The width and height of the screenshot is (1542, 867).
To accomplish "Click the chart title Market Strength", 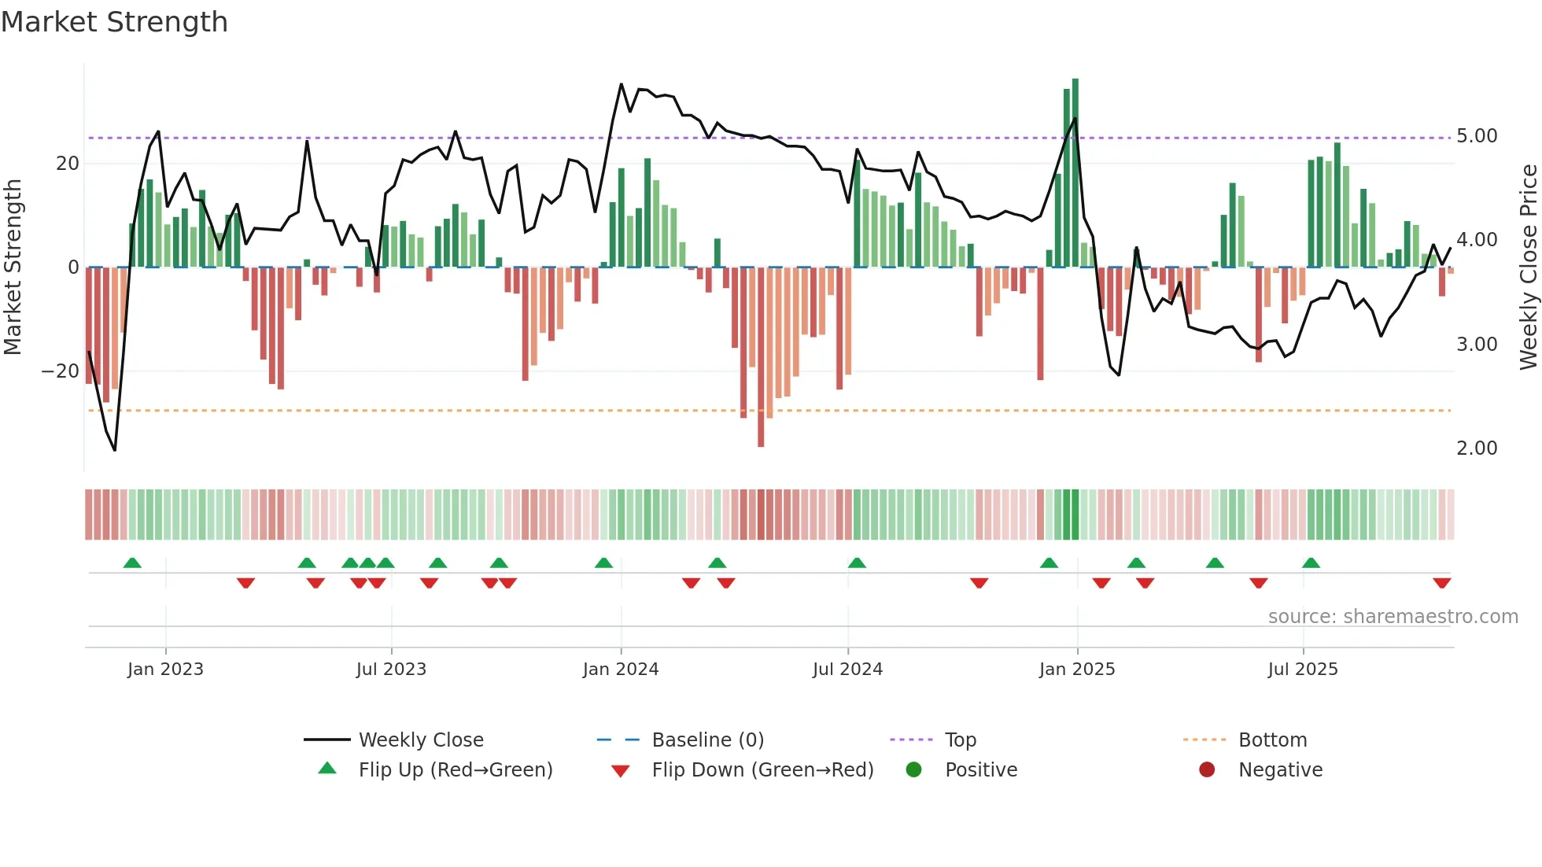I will (114, 22).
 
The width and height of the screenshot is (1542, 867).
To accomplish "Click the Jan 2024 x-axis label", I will (620, 670).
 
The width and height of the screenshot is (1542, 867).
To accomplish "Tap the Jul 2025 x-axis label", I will (1302, 670).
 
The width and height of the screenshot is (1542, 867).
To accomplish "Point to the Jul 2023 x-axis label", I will (391, 670).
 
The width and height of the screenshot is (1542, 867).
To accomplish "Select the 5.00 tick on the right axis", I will (1477, 136).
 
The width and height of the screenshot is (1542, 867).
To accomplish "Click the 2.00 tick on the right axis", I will (1477, 448).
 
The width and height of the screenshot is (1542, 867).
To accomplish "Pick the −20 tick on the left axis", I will (60, 371).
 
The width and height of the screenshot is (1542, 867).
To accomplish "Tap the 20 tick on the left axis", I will (68, 164).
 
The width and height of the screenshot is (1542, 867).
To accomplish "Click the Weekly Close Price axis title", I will (1528, 267).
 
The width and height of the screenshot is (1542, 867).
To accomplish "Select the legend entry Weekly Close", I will (420, 740).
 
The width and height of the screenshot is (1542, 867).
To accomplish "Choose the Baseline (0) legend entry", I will (707, 740).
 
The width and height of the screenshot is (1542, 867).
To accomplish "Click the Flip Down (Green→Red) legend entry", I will (762, 770).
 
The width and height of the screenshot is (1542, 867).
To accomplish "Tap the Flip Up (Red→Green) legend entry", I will (455, 770).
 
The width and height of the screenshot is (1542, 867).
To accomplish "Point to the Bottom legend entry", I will (1271, 740).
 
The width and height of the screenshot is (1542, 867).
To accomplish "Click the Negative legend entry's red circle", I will (1207, 770).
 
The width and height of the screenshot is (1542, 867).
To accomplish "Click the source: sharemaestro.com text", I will (1393, 617).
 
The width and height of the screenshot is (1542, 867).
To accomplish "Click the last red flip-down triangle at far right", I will (1441, 583).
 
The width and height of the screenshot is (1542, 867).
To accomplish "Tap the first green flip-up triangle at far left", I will (132, 563).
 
